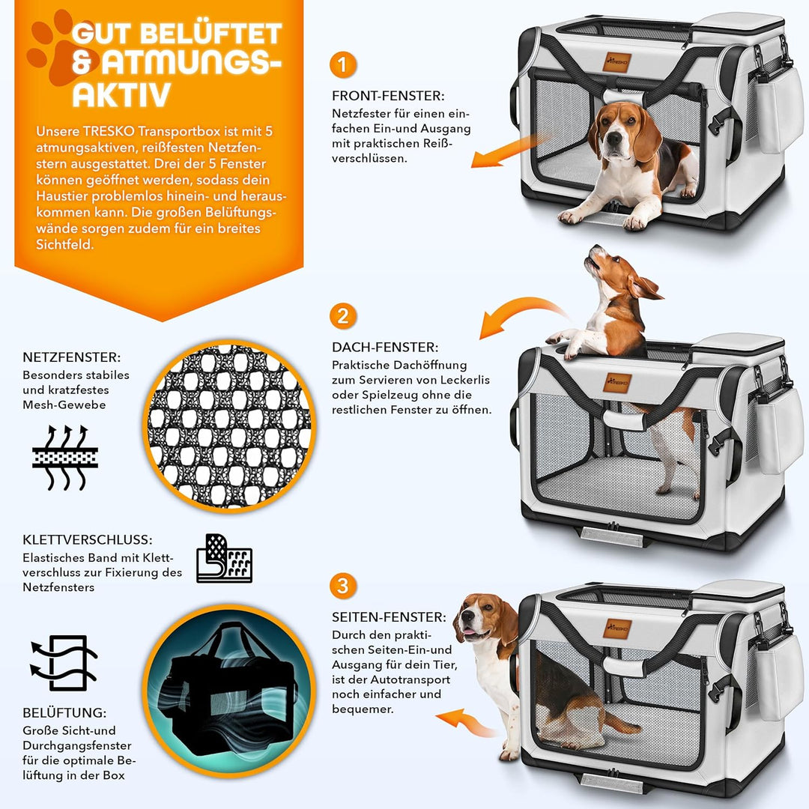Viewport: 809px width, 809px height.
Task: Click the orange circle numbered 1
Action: tap(342, 64)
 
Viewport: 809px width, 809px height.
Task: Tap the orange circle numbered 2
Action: tap(342, 315)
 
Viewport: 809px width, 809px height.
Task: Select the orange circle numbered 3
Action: tap(342, 585)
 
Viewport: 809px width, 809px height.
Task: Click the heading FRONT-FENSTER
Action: tap(388, 96)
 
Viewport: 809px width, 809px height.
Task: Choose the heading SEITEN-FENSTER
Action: tap(389, 617)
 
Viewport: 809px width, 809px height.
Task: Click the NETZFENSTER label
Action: tap(71, 358)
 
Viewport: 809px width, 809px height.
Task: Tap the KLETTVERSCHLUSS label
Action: tap(88, 539)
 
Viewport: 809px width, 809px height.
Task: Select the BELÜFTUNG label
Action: tap(64, 713)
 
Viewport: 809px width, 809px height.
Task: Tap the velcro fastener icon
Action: tap(224, 558)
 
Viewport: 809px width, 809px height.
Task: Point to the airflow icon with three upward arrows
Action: tap(65, 458)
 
